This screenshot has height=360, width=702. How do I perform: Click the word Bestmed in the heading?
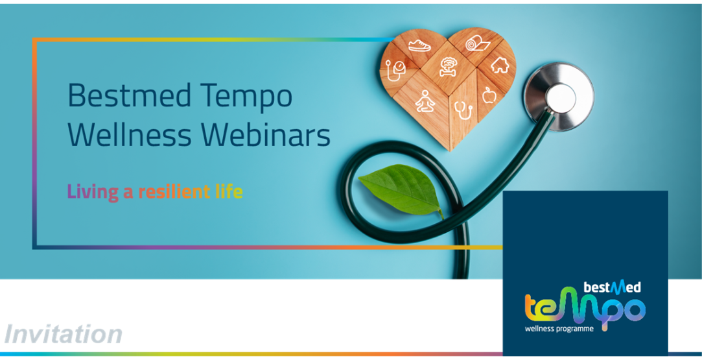pyautogui.click(x=130, y=95)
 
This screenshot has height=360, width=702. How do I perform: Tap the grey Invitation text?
pyautogui.click(x=63, y=334)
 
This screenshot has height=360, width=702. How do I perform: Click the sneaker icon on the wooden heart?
pyautogui.click(x=419, y=45)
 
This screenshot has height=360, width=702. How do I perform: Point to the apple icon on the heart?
pyautogui.click(x=489, y=95)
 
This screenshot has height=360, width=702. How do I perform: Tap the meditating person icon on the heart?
pyautogui.click(x=425, y=101)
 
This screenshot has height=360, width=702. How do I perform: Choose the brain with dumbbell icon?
pyautogui.click(x=448, y=67)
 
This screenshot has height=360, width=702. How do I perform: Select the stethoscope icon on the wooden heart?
pyautogui.click(x=463, y=110)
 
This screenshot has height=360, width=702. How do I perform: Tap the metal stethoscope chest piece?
pyautogui.click(x=559, y=97)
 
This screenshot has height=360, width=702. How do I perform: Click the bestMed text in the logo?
pyautogui.click(x=612, y=287)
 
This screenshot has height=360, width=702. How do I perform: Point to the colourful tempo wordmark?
pyautogui.click(x=585, y=308)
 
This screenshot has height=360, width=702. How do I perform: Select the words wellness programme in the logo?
pyautogui.click(x=559, y=329)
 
